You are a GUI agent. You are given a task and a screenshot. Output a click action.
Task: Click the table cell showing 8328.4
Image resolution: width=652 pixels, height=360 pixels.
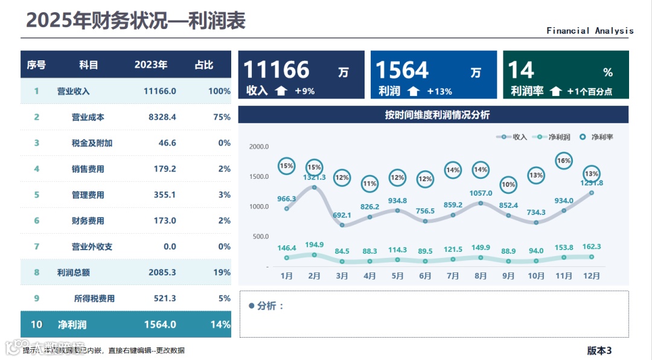tap(162, 117)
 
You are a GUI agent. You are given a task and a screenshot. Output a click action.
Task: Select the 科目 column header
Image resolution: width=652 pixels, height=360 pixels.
tap(88, 65)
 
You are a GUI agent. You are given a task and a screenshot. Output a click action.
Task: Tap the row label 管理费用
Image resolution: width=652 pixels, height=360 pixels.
tap(88, 195)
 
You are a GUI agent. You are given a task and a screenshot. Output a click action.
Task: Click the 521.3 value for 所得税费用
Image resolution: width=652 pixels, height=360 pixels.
tap(162, 298)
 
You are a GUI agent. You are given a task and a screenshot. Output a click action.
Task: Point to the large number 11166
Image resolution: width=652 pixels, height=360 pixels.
tap(276, 71)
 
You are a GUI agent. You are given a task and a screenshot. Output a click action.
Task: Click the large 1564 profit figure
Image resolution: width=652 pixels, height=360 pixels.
tap(402, 71)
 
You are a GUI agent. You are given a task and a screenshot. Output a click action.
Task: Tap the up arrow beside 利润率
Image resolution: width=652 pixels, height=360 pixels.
tap(555, 92)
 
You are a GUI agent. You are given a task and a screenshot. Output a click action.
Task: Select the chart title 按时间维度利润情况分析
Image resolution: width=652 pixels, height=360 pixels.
tap(437, 115)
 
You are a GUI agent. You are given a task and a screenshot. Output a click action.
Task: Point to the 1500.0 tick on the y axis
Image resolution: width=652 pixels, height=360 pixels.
tap(258, 176)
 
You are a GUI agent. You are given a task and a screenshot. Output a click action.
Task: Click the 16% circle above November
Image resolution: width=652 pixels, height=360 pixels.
tap(564, 161)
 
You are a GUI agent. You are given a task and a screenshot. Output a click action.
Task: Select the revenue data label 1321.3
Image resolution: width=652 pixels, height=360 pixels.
tap(314, 178)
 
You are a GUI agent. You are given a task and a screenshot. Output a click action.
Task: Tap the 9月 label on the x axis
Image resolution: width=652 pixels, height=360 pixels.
tap(508, 276)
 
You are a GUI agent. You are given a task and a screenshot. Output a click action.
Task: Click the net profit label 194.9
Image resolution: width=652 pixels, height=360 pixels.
tap(314, 245)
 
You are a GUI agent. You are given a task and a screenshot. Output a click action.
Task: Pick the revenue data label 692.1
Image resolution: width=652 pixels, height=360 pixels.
tap(342, 215)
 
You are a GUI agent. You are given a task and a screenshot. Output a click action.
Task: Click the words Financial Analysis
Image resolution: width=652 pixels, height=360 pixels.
tap(590, 31)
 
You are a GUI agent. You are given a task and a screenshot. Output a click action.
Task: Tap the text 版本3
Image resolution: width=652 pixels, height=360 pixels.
tap(599, 350)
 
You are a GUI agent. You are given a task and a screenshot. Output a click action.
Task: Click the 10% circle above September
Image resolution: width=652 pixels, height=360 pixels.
tap(508, 185)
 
